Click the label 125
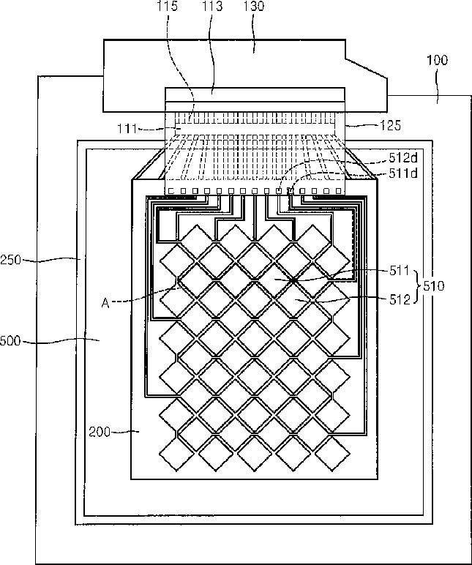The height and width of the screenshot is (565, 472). tap(390, 125)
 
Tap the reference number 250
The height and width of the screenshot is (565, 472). tap(12, 259)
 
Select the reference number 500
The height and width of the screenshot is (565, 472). tap(12, 340)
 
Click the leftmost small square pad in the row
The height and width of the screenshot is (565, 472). tap(172, 192)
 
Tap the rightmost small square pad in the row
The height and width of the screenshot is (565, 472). tap(337, 192)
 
